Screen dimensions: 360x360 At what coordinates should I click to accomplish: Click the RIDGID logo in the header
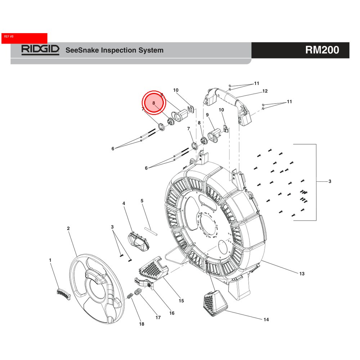(x=40, y=50)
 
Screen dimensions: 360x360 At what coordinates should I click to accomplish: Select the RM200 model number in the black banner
(x=322, y=50)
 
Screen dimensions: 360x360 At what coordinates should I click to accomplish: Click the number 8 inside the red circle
(x=154, y=103)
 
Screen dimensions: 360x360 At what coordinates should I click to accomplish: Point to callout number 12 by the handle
(x=265, y=91)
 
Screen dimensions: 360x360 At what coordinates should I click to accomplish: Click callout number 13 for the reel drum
(x=302, y=274)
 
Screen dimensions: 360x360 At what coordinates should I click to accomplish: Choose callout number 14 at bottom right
(x=266, y=319)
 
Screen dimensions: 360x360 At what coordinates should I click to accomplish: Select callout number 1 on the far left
(x=50, y=260)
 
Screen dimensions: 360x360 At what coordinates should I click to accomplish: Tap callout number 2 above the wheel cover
(x=68, y=228)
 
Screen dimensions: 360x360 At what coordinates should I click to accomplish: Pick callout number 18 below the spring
(x=142, y=324)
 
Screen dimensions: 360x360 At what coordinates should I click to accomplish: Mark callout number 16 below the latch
(x=172, y=313)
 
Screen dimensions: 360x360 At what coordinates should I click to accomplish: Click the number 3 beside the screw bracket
(x=329, y=181)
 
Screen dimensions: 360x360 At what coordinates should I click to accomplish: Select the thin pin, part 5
(x=152, y=230)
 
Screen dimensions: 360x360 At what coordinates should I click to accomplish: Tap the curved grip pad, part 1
(x=64, y=293)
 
